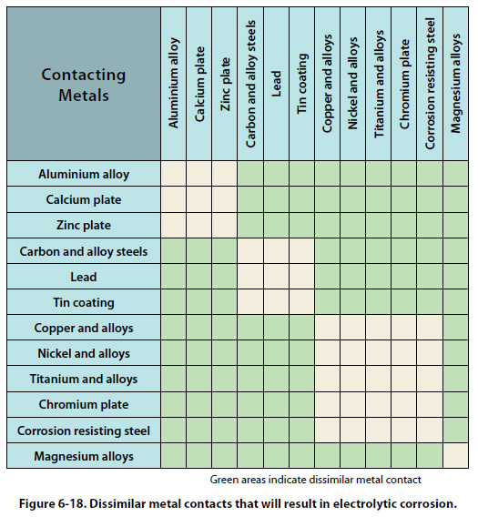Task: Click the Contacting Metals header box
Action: coord(84,84)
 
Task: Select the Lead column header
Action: coord(276,84)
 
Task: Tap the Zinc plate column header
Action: coord(225,84)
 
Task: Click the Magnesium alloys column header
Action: coord(456,84)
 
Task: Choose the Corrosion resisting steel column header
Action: coord(430,84)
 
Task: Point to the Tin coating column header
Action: coord(302,84)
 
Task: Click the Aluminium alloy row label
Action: coord(84,174)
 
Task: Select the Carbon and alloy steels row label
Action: coord(84,251)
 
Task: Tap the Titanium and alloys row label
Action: coord(84,379)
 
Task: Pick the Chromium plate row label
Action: coord(84,404)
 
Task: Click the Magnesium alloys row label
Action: coord(84,456)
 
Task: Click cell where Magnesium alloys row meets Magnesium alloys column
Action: coord(456,456)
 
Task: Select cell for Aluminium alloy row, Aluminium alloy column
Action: coord(174,174)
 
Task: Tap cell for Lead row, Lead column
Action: coord(276,277)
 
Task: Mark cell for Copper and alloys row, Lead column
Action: coord(276,328)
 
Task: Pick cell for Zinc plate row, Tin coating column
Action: coord(302,225)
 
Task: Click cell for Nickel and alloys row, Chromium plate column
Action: coord(404,353)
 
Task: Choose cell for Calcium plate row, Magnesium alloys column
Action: coord(456,199)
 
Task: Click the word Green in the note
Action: coord(221,480)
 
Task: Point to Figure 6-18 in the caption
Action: coord(53,504)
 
